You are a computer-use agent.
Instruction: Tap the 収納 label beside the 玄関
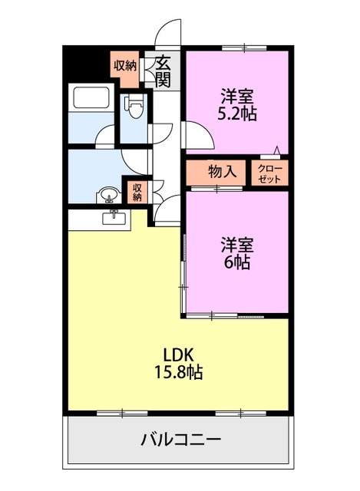(x=125, y=65)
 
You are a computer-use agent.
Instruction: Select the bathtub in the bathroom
(x=91, y=101)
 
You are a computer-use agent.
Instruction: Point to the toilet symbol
(x=135, y=105)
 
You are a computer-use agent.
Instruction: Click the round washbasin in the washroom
(x=108, y=194)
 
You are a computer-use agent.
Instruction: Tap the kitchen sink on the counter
(x=117, y=218)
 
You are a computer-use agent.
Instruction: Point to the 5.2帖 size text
(x=238, y=114)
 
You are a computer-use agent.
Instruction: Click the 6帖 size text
(x=238, y=262)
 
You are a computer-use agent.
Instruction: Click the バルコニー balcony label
(x=181, y=440)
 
